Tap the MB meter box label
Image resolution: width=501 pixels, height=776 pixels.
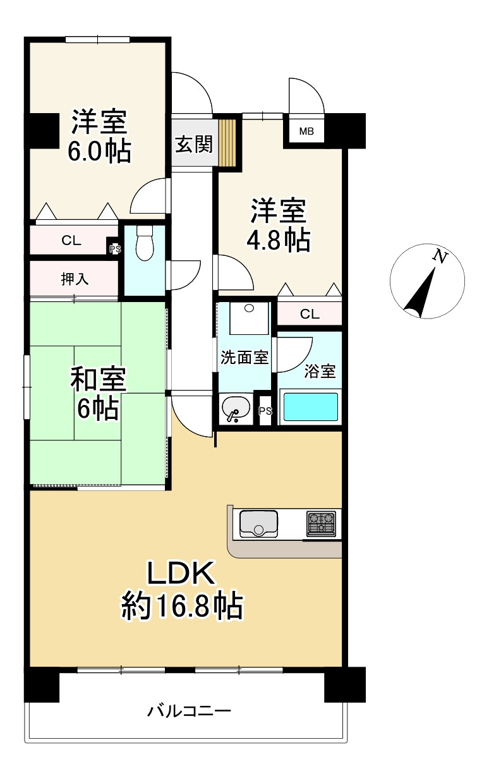point(306,132)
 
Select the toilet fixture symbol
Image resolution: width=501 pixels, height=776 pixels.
point(145,244)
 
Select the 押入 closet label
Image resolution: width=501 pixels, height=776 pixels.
point(75,279)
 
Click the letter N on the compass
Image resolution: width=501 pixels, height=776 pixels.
point(440,257)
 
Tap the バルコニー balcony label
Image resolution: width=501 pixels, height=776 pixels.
point(190,712)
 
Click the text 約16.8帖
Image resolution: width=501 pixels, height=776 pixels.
point(182,607)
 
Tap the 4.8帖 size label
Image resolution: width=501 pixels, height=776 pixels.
point(279,241)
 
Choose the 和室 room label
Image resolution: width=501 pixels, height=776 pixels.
point(98,381)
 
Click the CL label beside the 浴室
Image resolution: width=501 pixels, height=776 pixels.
point(309,313)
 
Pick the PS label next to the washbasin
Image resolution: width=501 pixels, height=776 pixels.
point(265,411)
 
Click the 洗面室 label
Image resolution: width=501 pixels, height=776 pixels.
point(244,358)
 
